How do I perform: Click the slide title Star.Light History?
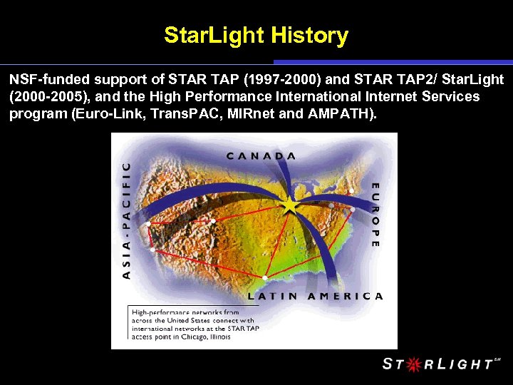click(256, 35)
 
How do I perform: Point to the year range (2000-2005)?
click(46, 96)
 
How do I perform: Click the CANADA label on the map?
click(261, 155)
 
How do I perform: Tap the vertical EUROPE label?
click(375, 215)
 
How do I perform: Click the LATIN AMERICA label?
click(315, 296)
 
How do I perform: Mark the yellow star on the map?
click(290, 207)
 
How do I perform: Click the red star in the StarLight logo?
click(412, 364)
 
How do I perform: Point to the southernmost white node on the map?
click(265, 277)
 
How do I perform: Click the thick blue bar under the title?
click(393, 62)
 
